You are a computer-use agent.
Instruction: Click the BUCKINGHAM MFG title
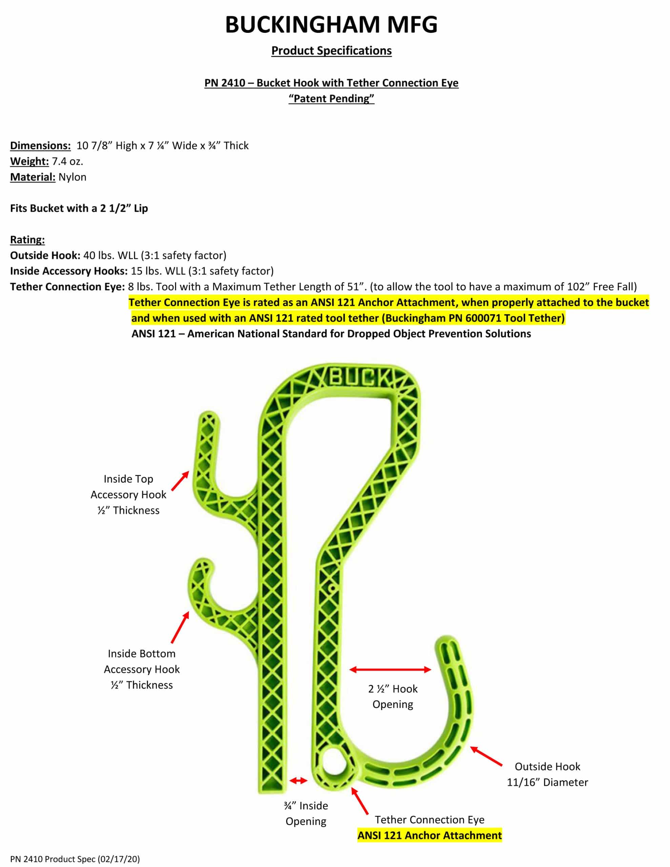(331, 25)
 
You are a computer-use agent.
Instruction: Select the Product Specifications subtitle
(331, 51)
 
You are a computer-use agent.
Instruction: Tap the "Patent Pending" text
(331, 99)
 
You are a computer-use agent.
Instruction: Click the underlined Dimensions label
(40, 146)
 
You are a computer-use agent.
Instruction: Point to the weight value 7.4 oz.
(67, 162)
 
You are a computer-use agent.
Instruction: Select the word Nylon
(72, 177)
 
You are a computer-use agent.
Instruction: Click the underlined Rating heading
(27, 240)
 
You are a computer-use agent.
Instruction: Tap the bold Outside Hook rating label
(45, 255)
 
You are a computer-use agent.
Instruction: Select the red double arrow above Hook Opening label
(390, 670)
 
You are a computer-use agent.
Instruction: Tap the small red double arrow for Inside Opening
(298, 781)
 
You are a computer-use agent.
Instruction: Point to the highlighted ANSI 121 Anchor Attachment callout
(429, 835)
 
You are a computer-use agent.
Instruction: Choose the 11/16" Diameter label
(547, 782)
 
